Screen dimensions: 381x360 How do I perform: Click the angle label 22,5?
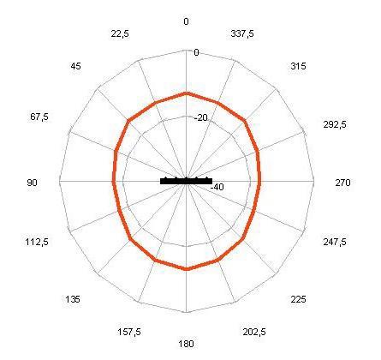coord(120,34)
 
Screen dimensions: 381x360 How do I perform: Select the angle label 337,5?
coord(242,33)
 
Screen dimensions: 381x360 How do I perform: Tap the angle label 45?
coord(75,66)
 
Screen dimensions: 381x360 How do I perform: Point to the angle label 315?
coord(298,66)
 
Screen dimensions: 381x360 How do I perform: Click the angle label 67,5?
coord(39,117)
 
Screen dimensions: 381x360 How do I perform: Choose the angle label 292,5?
coord(335,124)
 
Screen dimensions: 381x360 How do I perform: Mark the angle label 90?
coord(32,183)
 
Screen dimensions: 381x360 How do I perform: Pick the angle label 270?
coord(342,183)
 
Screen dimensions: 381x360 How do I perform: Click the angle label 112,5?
coord(37,243)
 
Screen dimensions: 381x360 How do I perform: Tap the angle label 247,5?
coord(335,243)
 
